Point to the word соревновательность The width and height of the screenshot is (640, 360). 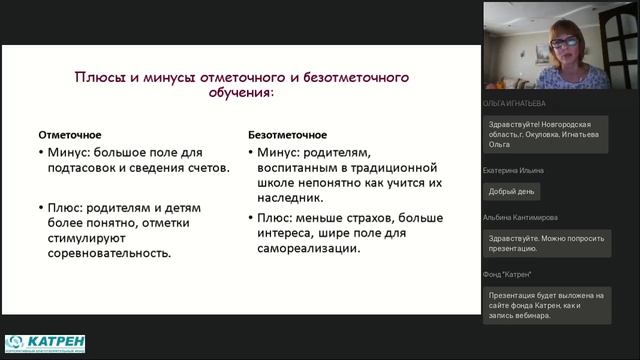point(110,254)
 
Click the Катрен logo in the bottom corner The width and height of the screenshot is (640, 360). point(45,343)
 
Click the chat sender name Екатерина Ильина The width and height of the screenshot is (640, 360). point(516,171)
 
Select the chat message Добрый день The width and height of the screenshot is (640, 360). point(513,191)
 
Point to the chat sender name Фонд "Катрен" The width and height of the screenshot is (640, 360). point(507,273)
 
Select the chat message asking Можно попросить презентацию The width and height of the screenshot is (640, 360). point(550,243)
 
